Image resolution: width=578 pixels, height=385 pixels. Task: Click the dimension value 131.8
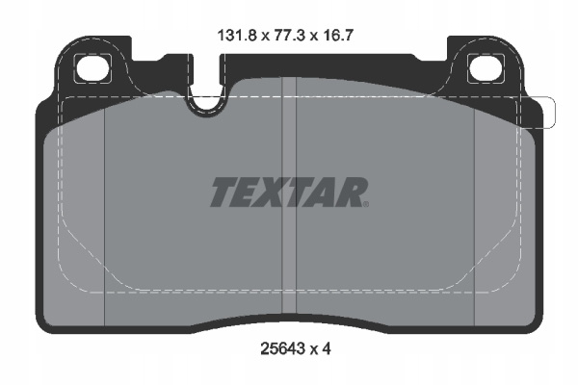pyautogui.click(x=237, y=36)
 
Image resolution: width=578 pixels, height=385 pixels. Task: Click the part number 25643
pyautogui.click(x=283, y=348)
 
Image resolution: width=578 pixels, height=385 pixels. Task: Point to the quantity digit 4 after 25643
pyautogui.click(x=327, y=348)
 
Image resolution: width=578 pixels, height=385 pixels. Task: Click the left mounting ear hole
pyautogui.click(x=92, y=68)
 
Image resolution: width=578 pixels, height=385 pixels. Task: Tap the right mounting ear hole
pyautogui.click(x=486, y=68)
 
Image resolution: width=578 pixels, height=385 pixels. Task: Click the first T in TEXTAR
pyautogui.click(x=225, y=192)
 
